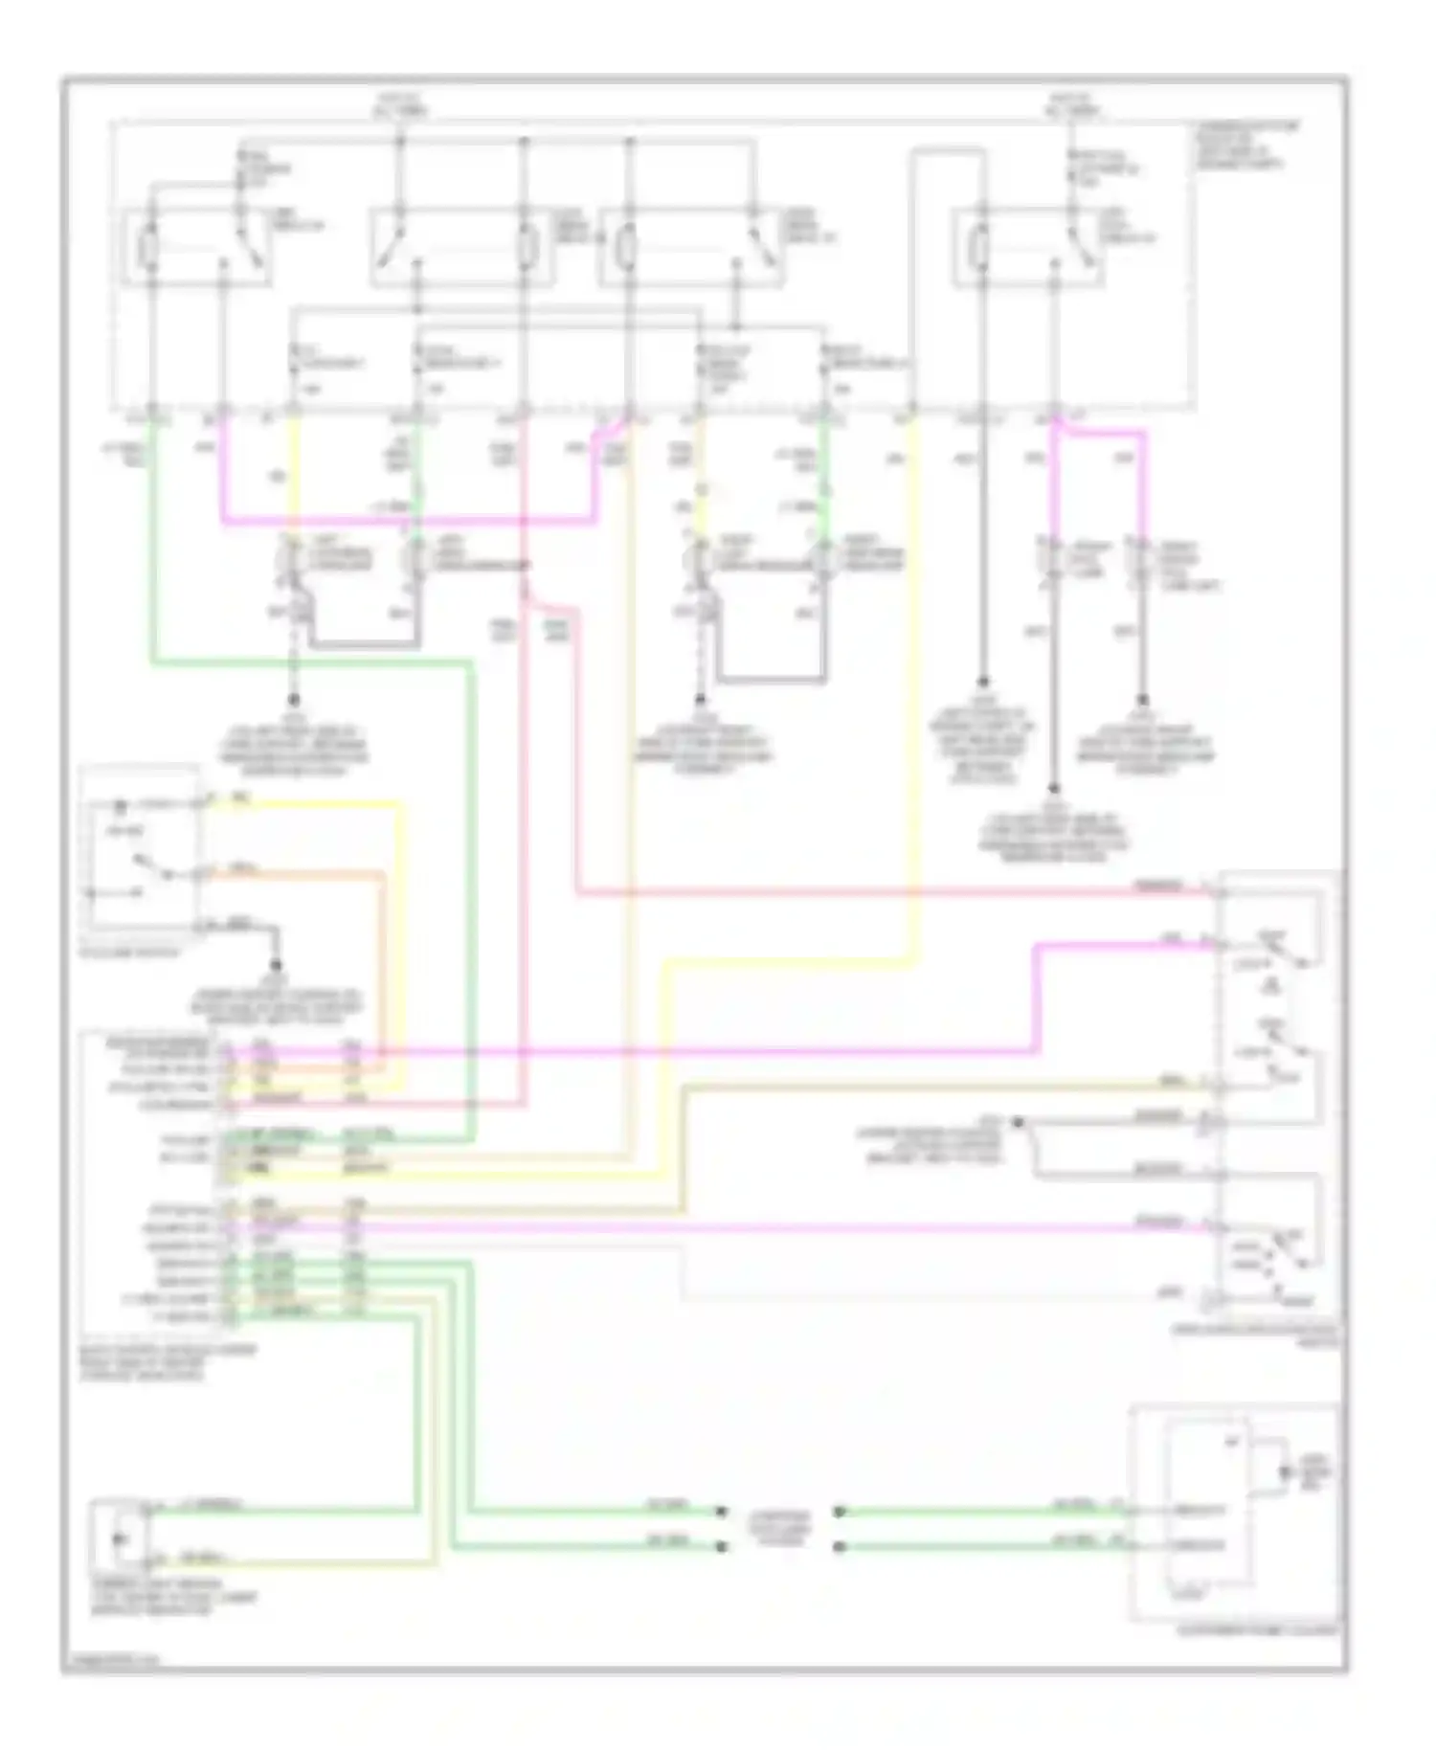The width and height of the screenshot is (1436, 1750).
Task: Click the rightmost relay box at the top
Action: tap(1028, 247)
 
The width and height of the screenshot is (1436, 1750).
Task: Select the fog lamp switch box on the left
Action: tap(142, 848)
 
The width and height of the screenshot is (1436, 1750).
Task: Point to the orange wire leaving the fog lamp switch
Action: tap(306, 874)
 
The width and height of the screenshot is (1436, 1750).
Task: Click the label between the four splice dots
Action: tap(779, 1529)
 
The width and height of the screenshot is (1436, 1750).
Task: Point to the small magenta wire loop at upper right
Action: tap(1101, 436)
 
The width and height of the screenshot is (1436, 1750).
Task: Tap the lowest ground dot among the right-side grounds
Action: tap(1053, 791)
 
